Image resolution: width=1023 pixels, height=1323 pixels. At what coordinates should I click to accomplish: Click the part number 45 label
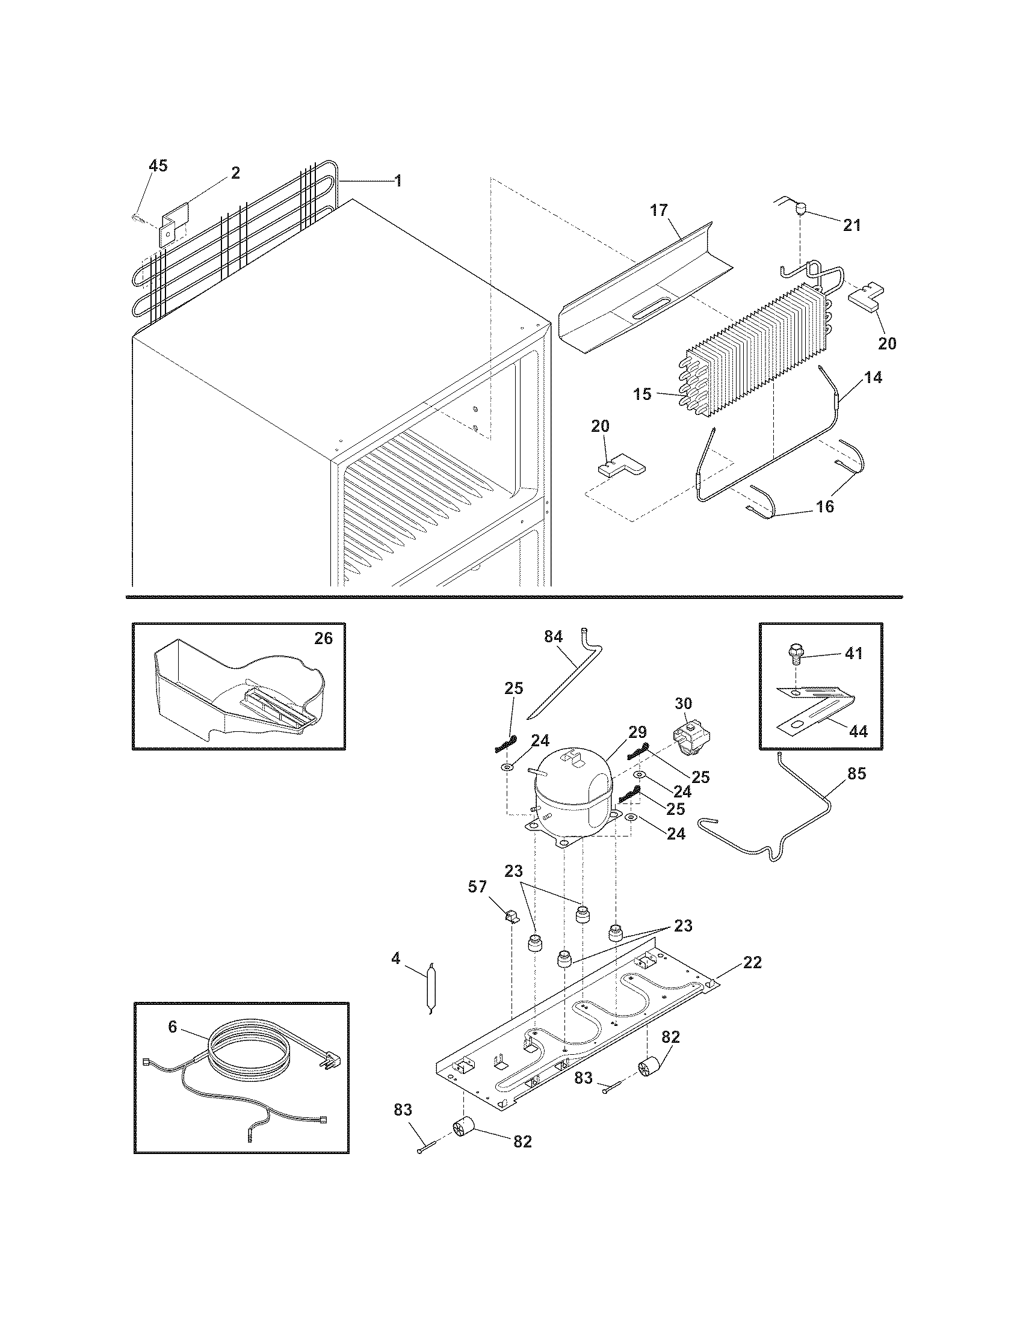point(158,165)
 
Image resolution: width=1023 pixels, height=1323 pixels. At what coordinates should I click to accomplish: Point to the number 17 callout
point(659,210)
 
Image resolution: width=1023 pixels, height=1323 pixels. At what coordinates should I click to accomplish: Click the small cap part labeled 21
point(801,210)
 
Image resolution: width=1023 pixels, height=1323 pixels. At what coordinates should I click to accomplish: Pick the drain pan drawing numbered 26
point(236,690)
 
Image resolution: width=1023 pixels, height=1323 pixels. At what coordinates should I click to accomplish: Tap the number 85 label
point(857,773)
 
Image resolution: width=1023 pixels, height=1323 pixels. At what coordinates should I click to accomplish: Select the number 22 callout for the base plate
point(752,962)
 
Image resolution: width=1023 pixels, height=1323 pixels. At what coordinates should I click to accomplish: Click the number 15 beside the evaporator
point(643,394)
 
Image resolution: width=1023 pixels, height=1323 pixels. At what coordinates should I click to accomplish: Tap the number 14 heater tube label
point(873,378)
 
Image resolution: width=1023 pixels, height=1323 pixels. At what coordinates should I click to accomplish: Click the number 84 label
point(553,636)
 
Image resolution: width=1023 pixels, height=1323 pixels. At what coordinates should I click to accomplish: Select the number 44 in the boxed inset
point(858,731)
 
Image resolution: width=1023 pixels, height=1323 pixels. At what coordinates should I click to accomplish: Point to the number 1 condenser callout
point(398,180)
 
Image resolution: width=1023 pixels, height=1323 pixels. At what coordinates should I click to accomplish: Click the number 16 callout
point(825,506)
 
